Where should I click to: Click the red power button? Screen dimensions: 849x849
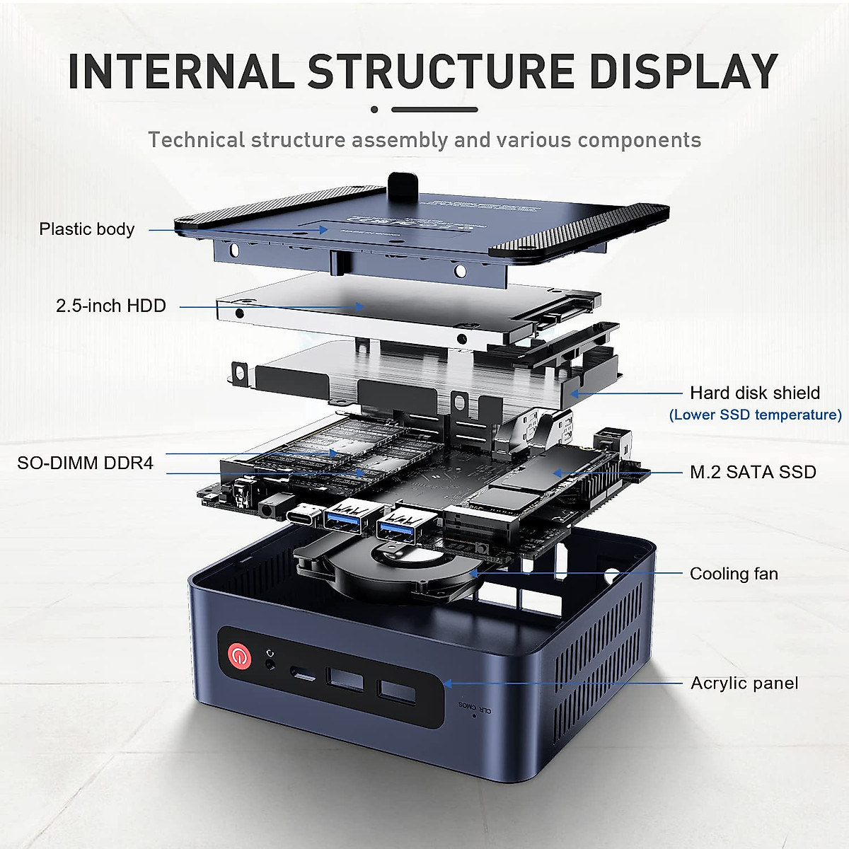click(x=239, y=657)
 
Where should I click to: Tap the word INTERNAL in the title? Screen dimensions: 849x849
click(x=180, y=71)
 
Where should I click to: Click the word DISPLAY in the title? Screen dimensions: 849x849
click(x=683, y=71)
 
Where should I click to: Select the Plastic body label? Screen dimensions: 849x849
click(x=86, y=229)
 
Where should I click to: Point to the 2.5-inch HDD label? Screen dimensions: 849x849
click(x=111, y=306)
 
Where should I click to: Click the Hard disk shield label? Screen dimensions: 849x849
click(x=755, y=393)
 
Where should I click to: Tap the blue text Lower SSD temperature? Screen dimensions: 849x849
click(x=756, y=415)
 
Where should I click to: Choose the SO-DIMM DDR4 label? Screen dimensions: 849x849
click(x=85, y=463)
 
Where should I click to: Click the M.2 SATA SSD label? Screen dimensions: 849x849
click(x=753, y=472)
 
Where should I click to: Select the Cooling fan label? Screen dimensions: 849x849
click(x=734, y=574)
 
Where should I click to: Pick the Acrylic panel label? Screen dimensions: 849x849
click(x=744, y=683)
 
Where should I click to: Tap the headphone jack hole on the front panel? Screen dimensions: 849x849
click(x=270, y=664)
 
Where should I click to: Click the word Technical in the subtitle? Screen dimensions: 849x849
click(x=196, y=140)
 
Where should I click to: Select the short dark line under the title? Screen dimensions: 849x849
click(x=434, y=110)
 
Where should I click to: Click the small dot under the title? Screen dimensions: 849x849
click(x=374, y=110)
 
